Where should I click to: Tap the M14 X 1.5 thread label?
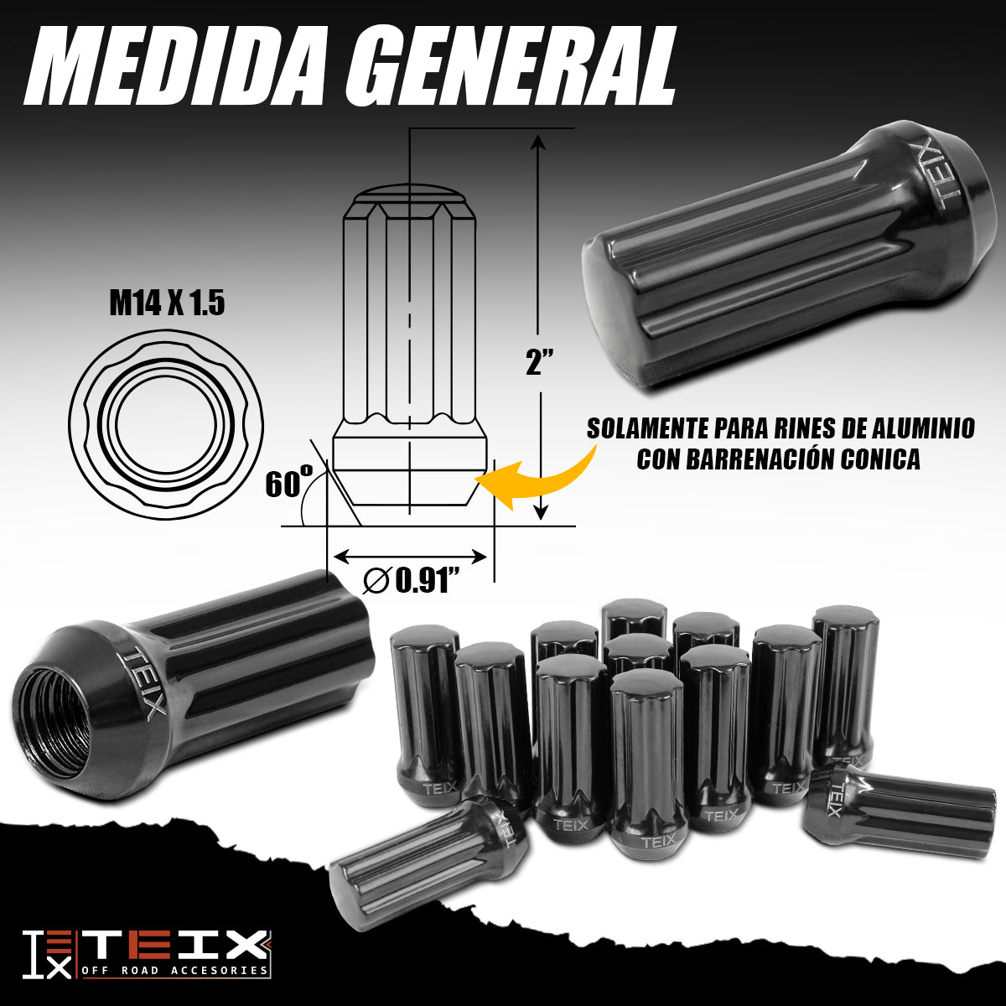(x=167, y=303)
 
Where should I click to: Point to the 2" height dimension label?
(x=540, y=363)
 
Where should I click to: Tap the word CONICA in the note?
(x=880, y=459)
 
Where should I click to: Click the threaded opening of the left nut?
(x=52, y=721)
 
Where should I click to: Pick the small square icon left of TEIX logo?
(x=47, y=954)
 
